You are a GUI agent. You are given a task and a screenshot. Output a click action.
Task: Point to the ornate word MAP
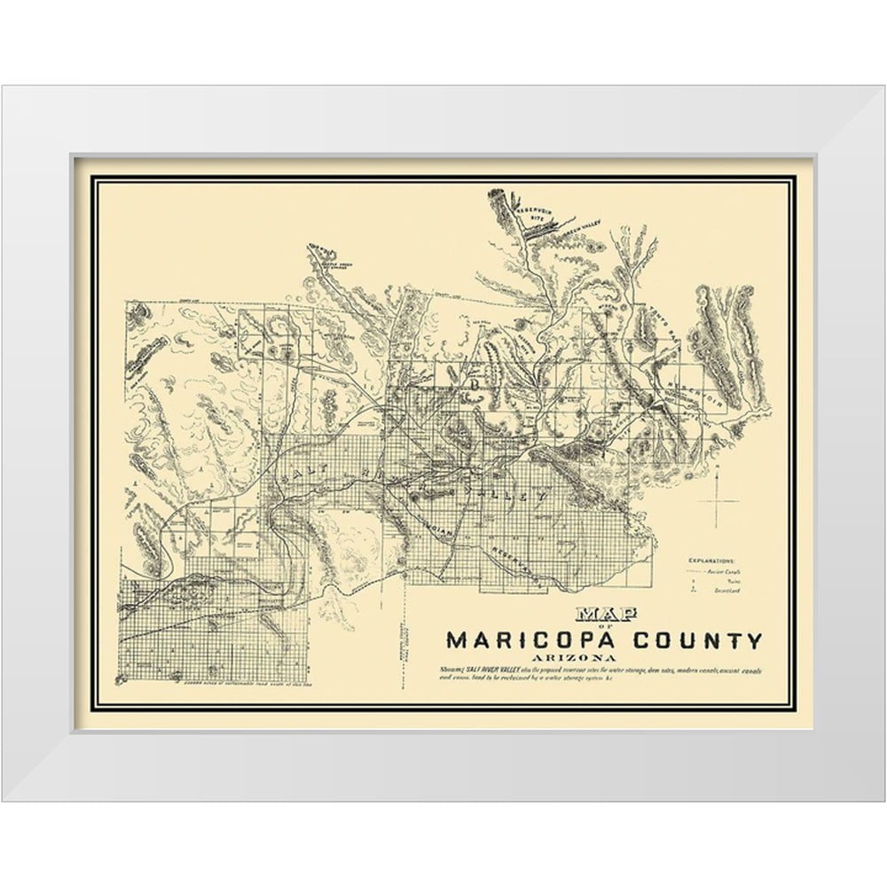[599, 613]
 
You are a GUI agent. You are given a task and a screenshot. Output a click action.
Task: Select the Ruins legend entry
[720, 584]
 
